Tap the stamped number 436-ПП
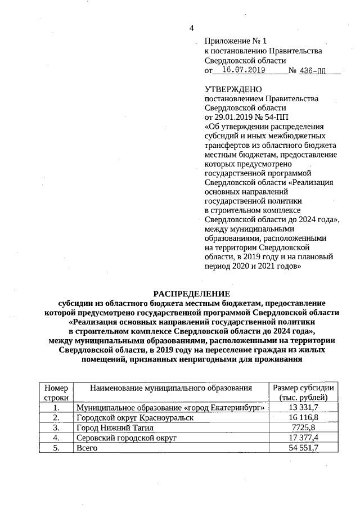[x=313, y=71]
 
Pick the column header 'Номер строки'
[x=55, y=393]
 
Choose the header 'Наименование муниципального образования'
[x=170, y=388]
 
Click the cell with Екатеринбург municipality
[x=170, y=407]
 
